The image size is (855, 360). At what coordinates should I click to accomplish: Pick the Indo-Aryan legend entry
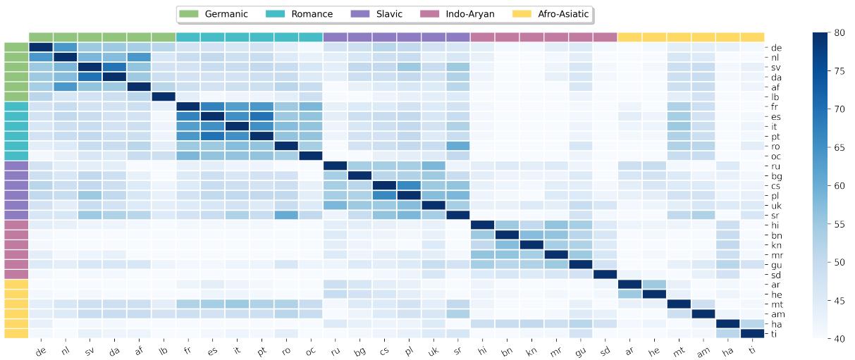tap(469, 14)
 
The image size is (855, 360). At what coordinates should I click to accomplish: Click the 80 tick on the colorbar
tap(839, 32)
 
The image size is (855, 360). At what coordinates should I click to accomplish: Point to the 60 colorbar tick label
tap(839, 185)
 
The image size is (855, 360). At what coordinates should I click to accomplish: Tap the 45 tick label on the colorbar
tap(839, 300)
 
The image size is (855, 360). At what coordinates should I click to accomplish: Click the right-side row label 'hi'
tap(775, 225)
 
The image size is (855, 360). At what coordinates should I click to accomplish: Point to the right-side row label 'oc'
tap(775, 156)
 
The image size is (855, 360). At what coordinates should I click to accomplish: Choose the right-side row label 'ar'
tap(775, 284)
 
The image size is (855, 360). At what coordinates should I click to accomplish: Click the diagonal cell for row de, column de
tap(41, 47)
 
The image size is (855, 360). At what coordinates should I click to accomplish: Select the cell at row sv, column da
tap(114, 67)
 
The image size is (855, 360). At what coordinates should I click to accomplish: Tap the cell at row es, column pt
tap(262, 116)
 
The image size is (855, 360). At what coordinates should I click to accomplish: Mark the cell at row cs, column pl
tap(409, 185)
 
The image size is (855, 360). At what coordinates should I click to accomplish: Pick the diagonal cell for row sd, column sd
tap(605, 274)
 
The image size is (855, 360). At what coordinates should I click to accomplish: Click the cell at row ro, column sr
tap(458, 146)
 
